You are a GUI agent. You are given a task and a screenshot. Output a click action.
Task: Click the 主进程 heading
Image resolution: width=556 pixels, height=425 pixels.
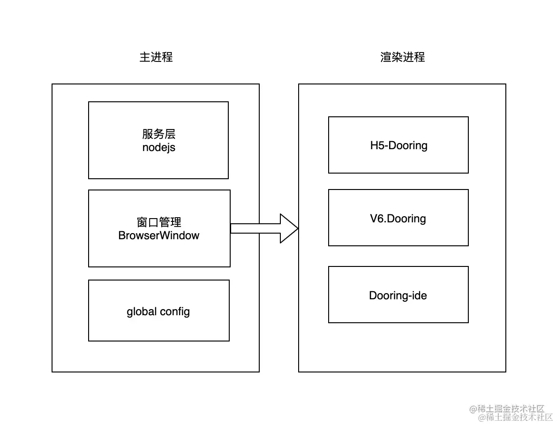156,57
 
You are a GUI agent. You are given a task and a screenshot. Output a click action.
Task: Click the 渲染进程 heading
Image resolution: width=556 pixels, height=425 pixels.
403,57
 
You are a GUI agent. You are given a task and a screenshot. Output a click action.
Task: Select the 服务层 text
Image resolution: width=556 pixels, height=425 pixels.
158,134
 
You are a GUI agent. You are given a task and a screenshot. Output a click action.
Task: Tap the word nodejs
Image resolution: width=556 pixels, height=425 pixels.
158,148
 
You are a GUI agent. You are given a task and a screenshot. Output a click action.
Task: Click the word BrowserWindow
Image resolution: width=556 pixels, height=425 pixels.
159,235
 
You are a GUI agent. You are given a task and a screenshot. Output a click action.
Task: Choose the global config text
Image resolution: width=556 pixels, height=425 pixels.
158,311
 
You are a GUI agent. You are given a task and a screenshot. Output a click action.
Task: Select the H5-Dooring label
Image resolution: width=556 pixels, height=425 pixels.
398,145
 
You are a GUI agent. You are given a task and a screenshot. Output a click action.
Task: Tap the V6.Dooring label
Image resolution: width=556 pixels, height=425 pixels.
398,219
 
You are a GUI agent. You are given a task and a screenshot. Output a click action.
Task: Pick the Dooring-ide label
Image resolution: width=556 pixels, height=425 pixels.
398,296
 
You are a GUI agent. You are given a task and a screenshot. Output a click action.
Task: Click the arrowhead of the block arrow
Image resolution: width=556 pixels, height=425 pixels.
289,228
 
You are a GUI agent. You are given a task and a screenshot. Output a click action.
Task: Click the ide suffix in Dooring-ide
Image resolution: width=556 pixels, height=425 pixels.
420,296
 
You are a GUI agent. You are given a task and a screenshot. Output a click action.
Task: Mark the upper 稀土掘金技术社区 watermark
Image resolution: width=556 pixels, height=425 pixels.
507,409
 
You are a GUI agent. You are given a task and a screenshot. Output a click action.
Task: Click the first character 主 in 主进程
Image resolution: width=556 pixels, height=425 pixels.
145,57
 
